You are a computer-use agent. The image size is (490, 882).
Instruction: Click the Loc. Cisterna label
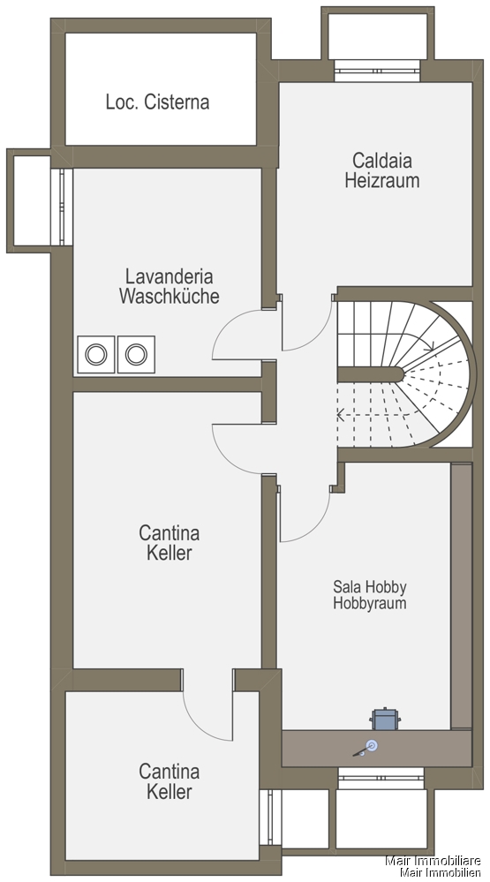[x=157, y=102]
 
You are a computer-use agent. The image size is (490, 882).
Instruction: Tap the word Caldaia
[x=382, y=161]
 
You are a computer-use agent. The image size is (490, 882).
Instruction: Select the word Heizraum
[x=382, y=181]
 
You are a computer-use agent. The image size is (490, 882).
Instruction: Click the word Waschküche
[x=169, y=296]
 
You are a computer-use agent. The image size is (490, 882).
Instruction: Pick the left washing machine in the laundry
[x=96, y=354]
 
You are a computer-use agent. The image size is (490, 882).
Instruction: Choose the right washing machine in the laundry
[x=136, y=354]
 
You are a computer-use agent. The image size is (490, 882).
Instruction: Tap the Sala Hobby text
[x=370, y=587]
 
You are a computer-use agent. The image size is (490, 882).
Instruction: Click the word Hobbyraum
[x=370, y=603]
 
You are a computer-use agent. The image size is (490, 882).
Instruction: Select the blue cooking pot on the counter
[x=385, y=720]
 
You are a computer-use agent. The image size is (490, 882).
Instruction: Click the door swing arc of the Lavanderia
[x=224, y=326]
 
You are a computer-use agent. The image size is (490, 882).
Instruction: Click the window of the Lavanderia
[x=61, y=207]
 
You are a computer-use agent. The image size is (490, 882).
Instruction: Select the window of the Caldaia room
[x=378, y=71]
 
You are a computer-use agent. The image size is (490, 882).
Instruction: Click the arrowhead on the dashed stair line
[x=341, y=416]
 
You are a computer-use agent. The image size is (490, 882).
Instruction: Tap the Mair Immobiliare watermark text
[x=433, y=861]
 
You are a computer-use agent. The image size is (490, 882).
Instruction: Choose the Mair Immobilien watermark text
[x=441, y=872]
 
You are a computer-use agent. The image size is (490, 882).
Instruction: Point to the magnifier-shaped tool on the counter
[x=366, y=748]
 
